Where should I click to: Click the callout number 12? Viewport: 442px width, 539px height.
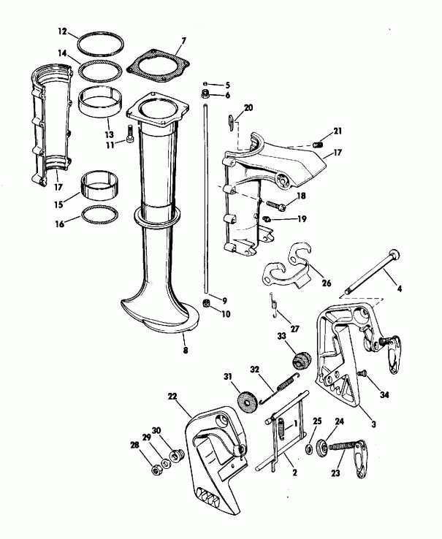point(62,31)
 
